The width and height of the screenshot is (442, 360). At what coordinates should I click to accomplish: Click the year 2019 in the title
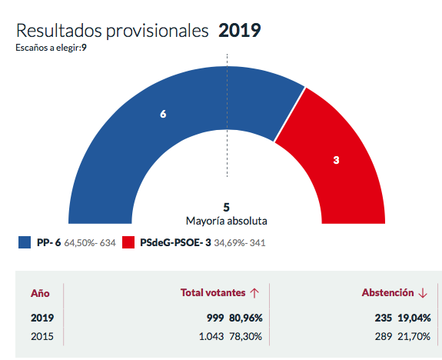240,31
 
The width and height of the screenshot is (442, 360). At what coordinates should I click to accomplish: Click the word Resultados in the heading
62,31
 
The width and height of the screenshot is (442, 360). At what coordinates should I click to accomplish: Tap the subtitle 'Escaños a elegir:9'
51,48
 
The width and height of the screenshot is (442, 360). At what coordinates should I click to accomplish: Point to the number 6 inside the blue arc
163,114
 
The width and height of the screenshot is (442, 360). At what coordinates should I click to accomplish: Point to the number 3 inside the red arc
337,161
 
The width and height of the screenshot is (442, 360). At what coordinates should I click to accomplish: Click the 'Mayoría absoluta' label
226,220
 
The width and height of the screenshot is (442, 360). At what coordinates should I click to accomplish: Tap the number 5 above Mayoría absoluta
226,207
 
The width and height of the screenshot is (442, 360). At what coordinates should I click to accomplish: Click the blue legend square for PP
25,243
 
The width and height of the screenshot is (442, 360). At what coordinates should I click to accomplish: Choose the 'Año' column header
40,293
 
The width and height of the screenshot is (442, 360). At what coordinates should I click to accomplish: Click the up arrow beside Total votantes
254,293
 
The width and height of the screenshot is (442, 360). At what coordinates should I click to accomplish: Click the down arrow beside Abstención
422,293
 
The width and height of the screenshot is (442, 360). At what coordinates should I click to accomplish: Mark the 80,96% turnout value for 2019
241,318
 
